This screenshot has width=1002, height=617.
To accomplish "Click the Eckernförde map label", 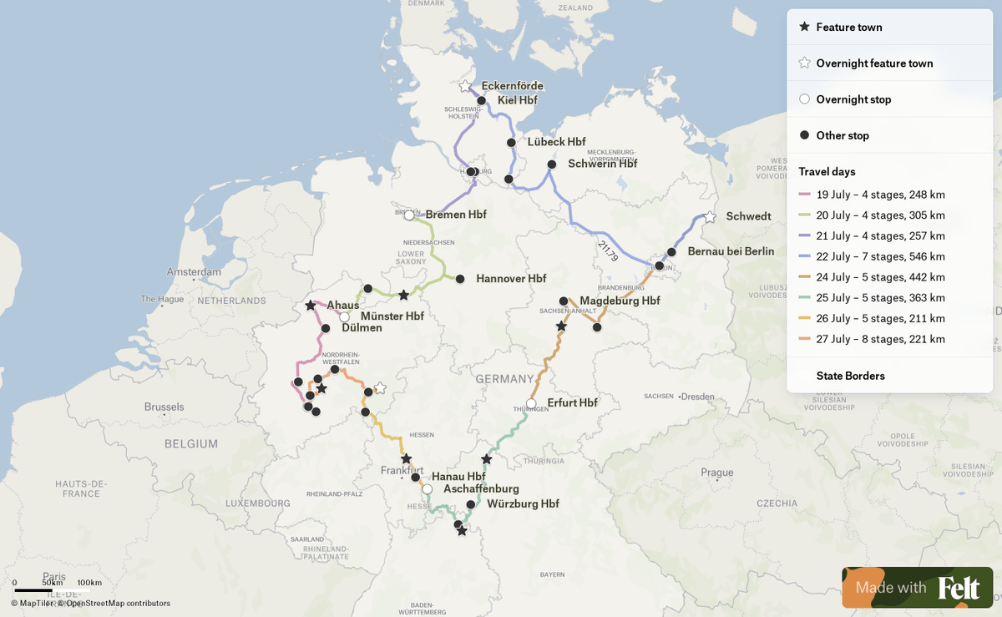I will [x=512, y=86].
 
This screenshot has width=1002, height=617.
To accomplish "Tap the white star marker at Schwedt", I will [x=710, y=217].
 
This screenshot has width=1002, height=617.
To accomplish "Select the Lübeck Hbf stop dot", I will [x=511, y=143].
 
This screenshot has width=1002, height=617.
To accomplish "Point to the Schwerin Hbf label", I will [x=602, y=164].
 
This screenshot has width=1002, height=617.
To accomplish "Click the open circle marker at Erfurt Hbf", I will [x=531, y=403].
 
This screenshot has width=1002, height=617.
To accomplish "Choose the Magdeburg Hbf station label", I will [x=620, y=301].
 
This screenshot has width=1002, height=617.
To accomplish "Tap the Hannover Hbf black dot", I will [x=460, y=279].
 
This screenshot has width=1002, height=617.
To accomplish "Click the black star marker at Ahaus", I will [x=311, y=306].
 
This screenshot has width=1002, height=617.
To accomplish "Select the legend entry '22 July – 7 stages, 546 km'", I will [x=880, y=256].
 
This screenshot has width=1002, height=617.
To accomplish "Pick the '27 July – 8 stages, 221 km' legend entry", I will [x=880, y=339].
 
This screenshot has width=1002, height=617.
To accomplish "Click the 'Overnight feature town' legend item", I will [x=874, y=63].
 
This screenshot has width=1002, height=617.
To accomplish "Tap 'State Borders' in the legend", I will [x=850, y=376].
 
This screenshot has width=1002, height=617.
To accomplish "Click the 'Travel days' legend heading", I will [x=827, y=171].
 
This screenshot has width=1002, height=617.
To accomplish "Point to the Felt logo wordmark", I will [x=959, y=588].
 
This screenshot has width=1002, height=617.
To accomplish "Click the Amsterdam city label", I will [x=194, y=272].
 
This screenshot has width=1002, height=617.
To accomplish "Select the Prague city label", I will [x=717, y=473].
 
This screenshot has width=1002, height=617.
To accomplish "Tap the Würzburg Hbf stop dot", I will [x=471, y=504].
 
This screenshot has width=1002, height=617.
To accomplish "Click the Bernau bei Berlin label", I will [x=731, y=251].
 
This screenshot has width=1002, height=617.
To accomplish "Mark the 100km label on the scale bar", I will [x=89, y=583].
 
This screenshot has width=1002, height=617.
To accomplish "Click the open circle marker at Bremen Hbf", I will [x=409, y=215].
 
